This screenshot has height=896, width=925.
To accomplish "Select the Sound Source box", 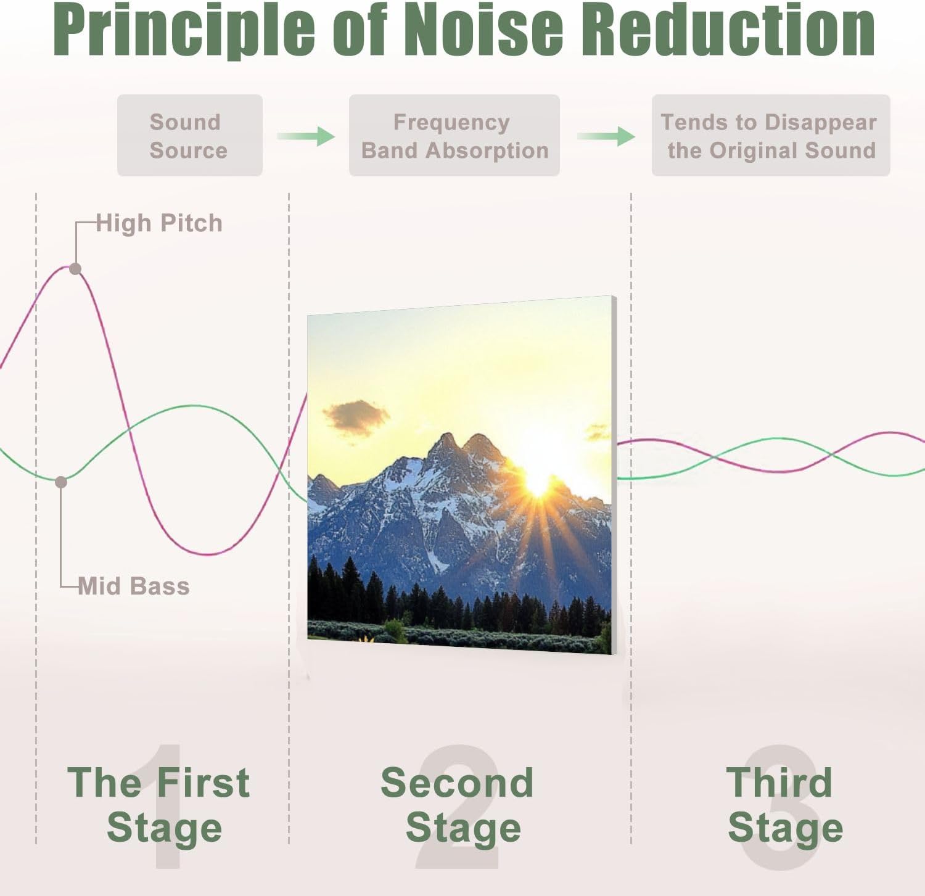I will click(189, 136).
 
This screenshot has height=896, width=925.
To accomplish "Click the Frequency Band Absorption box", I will click(454, 136).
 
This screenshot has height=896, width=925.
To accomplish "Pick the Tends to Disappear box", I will click(770, 136).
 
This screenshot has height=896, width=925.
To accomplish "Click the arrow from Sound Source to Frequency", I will click(306, 136).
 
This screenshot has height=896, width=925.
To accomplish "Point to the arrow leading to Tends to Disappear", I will click(606, 136).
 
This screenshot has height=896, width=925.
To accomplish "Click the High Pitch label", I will click(159, 223).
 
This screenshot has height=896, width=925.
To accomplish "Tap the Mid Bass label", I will click(134, 586).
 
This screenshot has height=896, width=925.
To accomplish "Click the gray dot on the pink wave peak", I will click(75, 269).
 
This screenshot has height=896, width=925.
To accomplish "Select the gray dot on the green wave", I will click(61, 482).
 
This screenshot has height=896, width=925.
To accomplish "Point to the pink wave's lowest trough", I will click(210, 553).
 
